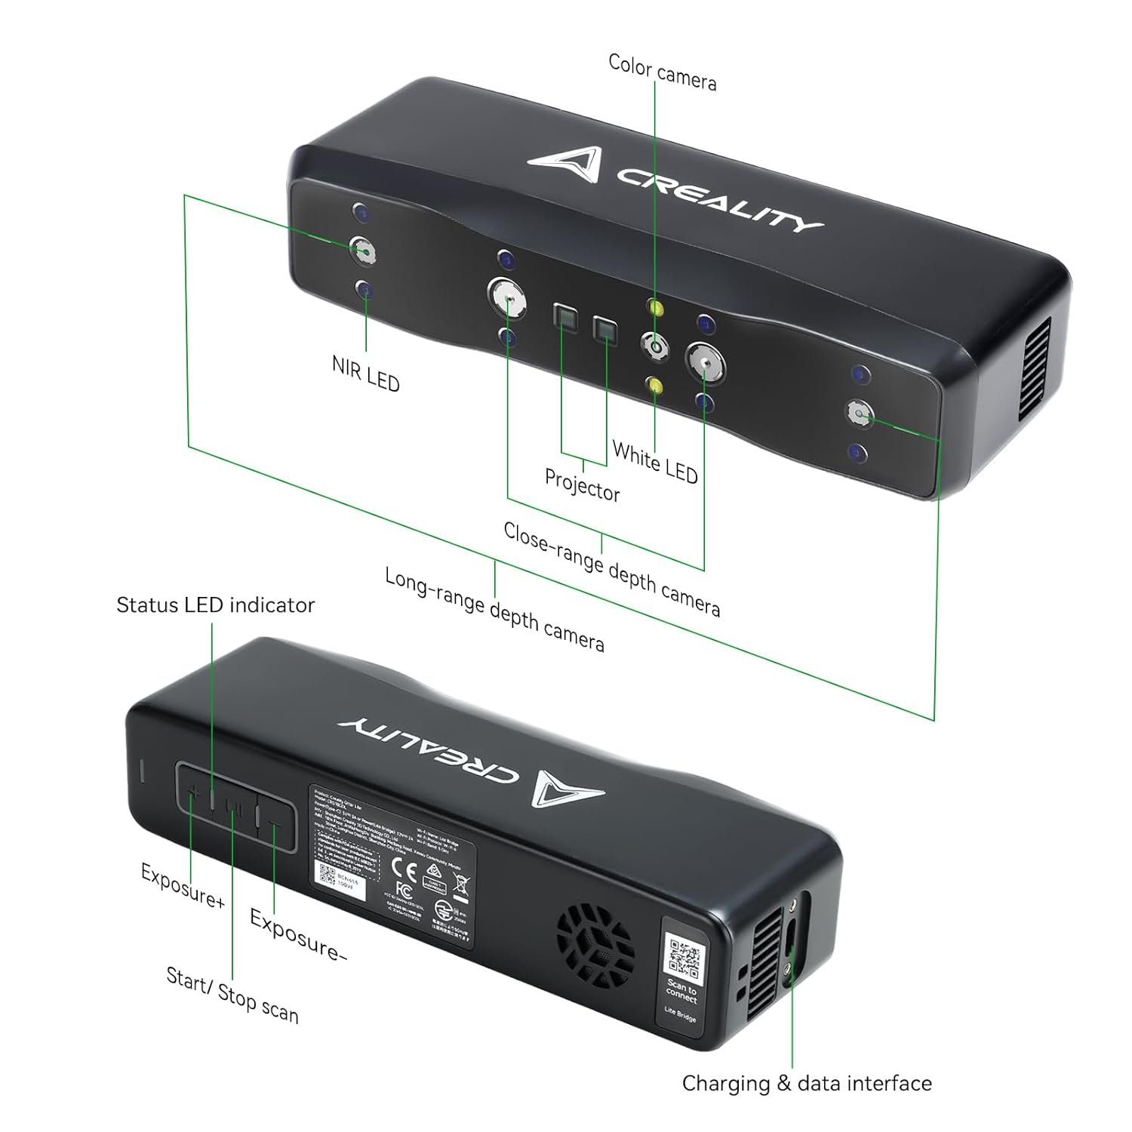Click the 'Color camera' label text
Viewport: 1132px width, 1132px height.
click(x=662, y=72)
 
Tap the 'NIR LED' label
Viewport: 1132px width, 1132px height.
click(x=365, y=374)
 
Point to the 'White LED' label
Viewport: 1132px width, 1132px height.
click(x=654, y=461)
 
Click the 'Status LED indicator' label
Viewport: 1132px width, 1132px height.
click(x=215, y=605)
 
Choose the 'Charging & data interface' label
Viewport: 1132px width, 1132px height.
click(x=807, y=1084)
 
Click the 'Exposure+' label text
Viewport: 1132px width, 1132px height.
click(x=183, y=885)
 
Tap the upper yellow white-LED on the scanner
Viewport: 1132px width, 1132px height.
click(x=655, y=309)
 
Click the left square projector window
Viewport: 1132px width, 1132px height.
click(x=564, y=316)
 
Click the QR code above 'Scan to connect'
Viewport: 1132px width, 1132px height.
click(x=684, y=955)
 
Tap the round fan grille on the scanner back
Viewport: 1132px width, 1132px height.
click(x=595, y=940)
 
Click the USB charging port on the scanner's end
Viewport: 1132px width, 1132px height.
click(x=789, y=939)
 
